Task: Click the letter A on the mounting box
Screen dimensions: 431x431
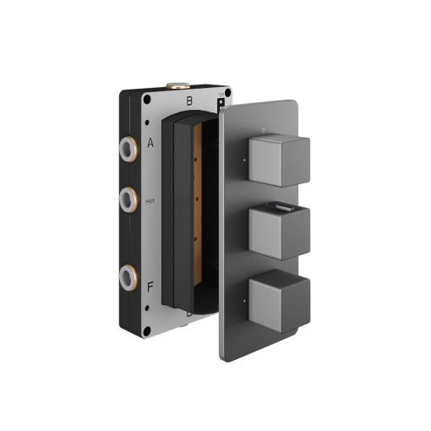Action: [x=150, y=143]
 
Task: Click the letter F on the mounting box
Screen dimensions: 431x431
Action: [x=150, y=287]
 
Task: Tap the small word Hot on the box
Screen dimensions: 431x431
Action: [x=150, y=201]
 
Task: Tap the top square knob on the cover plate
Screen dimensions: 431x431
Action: [x=279, y=159]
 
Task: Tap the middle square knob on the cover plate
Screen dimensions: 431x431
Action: [x=279, y=230]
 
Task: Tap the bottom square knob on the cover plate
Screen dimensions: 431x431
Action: [x=279, y=300]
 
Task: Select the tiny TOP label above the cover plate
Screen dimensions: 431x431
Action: [x=222, y=96]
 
